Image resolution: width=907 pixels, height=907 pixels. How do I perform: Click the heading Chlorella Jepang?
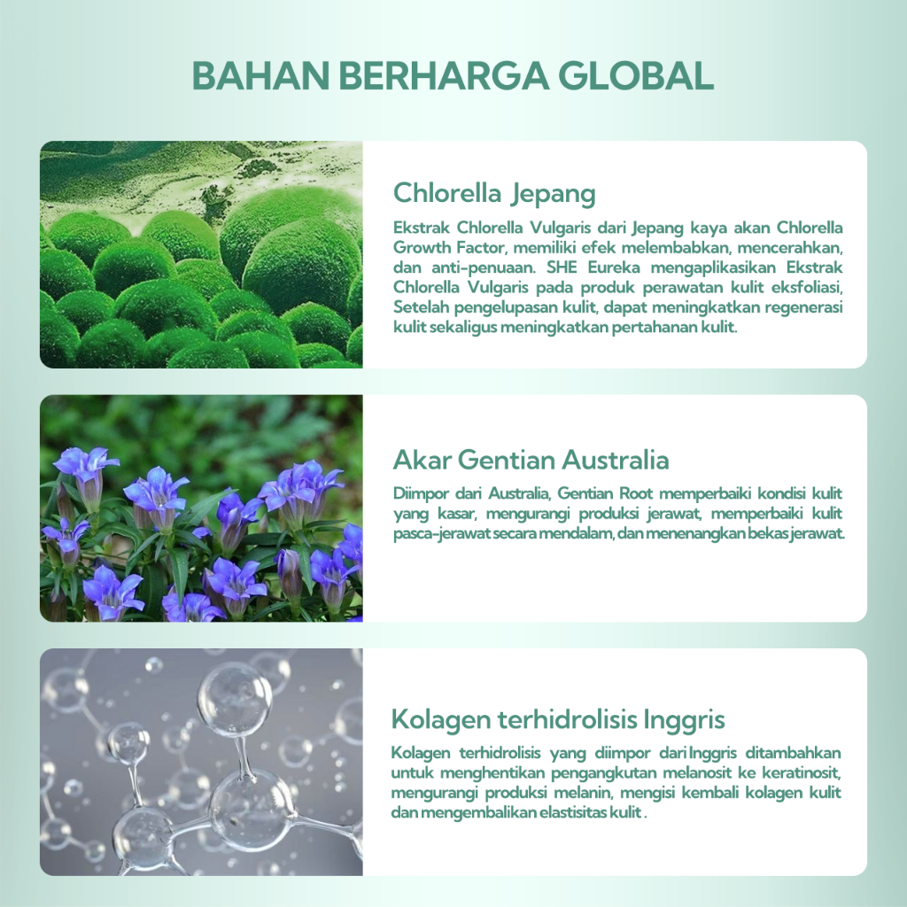(494, 194)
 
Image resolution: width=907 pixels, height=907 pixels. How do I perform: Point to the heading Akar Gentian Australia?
(531, 460)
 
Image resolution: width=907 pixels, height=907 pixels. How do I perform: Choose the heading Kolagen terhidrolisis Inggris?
(558, 720)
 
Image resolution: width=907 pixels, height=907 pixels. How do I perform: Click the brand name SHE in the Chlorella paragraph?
(562, 267)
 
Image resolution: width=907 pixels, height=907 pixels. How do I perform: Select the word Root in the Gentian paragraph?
(636, 493)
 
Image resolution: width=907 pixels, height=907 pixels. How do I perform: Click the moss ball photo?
(201, 254)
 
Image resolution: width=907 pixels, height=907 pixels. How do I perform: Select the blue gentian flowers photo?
(201, 508)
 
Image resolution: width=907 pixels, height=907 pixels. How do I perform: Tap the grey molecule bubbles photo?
(201, 762)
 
